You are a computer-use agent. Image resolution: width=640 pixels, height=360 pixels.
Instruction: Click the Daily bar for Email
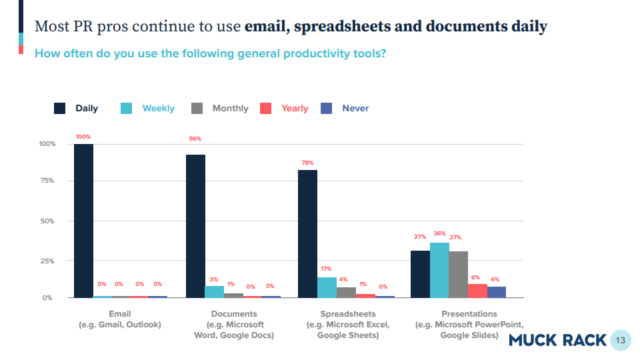point(83,220)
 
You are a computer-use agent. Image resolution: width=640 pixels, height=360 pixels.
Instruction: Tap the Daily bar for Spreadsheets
point(307,233)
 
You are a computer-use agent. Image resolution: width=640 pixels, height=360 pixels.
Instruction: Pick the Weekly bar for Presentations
point(439,270)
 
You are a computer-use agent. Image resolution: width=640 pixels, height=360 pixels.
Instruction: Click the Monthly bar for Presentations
point(459,274)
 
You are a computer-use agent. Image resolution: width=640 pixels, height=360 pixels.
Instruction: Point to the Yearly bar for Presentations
point(477,291)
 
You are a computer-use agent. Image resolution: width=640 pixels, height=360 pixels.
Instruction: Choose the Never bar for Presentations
point(497,292)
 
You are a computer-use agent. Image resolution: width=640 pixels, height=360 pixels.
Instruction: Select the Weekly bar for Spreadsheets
point(327,287)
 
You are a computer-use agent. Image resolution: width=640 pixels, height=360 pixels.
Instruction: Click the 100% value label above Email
point(83,137)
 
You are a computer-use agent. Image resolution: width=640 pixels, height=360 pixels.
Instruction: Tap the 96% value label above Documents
point(195,139)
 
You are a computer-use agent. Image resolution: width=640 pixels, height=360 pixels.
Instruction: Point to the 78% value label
point(307,163)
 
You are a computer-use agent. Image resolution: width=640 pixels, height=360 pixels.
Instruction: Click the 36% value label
point(439,234)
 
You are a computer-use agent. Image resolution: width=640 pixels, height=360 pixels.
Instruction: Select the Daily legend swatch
point(60,109)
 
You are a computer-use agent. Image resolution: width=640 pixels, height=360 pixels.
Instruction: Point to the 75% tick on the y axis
point(47,181)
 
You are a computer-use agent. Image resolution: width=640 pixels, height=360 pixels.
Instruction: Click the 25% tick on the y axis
point(47,261)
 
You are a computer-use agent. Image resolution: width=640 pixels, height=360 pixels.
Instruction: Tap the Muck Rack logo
point(557,340)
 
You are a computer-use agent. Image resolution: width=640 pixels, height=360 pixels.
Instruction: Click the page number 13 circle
point(620,340)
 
